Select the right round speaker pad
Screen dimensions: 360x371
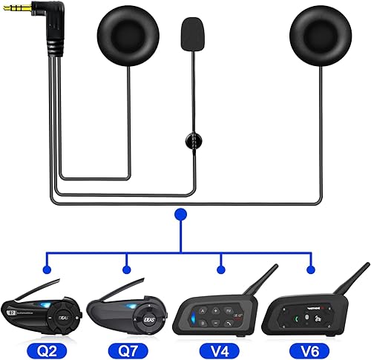point(315,39)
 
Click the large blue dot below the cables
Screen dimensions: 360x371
point(179,215)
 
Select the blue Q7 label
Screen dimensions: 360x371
point(128,346)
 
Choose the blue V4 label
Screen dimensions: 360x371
point(220,346)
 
